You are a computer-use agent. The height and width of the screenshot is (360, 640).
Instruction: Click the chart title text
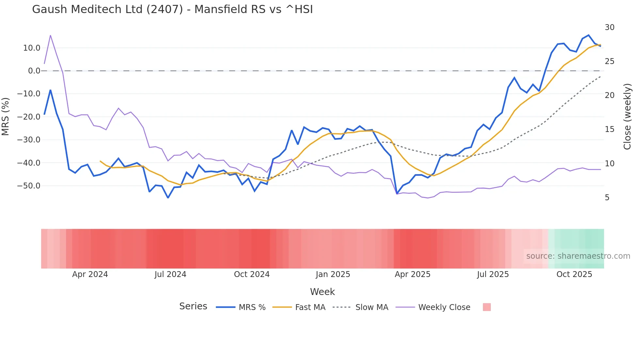172,9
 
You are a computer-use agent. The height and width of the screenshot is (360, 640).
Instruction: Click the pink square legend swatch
487,307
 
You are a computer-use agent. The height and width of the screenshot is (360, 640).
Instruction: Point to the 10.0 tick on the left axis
32,48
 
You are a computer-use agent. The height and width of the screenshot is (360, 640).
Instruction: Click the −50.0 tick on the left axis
29,186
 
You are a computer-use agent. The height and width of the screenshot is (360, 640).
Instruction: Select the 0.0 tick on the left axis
34,71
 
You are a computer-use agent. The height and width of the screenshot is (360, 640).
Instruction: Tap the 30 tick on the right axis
609,27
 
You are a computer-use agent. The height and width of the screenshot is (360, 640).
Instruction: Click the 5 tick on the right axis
607,198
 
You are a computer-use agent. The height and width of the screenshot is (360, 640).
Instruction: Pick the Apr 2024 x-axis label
90,274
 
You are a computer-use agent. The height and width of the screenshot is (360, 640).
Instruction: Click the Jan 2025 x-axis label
333,274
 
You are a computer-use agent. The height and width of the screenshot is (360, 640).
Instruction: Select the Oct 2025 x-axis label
574,274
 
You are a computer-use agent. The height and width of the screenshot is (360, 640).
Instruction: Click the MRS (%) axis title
6,117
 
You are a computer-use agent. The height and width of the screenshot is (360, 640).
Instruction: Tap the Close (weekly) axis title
627,117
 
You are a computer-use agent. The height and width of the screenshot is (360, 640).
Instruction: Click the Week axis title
322,292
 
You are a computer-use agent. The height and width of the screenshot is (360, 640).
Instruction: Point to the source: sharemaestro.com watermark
578,256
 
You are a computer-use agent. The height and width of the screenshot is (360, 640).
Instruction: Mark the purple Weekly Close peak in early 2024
50,35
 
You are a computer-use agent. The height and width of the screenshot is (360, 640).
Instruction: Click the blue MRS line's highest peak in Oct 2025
588,35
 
